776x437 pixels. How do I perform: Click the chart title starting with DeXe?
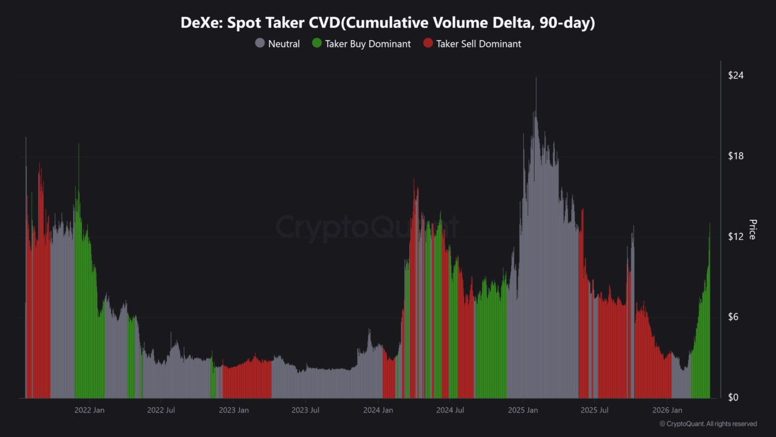click(x=388, y=23)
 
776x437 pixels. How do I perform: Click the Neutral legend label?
click(x=284, y=44)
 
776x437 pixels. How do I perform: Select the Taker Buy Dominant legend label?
click(x=367, y=44)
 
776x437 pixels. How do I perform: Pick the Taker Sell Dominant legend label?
click(x=478, y=44)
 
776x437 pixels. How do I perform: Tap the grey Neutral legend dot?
click(x=260, y=44)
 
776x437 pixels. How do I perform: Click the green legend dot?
click(x=316, y=44)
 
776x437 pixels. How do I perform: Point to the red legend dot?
click(x=428, y=44)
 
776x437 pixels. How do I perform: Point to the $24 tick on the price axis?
click(x=736, y=75)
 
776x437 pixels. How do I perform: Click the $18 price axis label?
click(x=736, y=156)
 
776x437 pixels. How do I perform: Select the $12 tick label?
click(x=736, y=236)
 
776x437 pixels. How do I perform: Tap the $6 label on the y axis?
click(x=734, y=317)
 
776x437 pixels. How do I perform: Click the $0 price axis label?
click(x=734, y=398)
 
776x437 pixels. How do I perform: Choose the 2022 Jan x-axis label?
click(x=90, y=410)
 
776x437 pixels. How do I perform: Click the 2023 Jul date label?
click(x=306, y=410)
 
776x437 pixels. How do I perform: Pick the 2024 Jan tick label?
click(x=378, y=410)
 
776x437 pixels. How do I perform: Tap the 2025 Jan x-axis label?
click(x=523, y=410)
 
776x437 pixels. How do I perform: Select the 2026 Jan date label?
click(x=667, y=410)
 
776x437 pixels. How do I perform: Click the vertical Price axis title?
click(x=752, y=229)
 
